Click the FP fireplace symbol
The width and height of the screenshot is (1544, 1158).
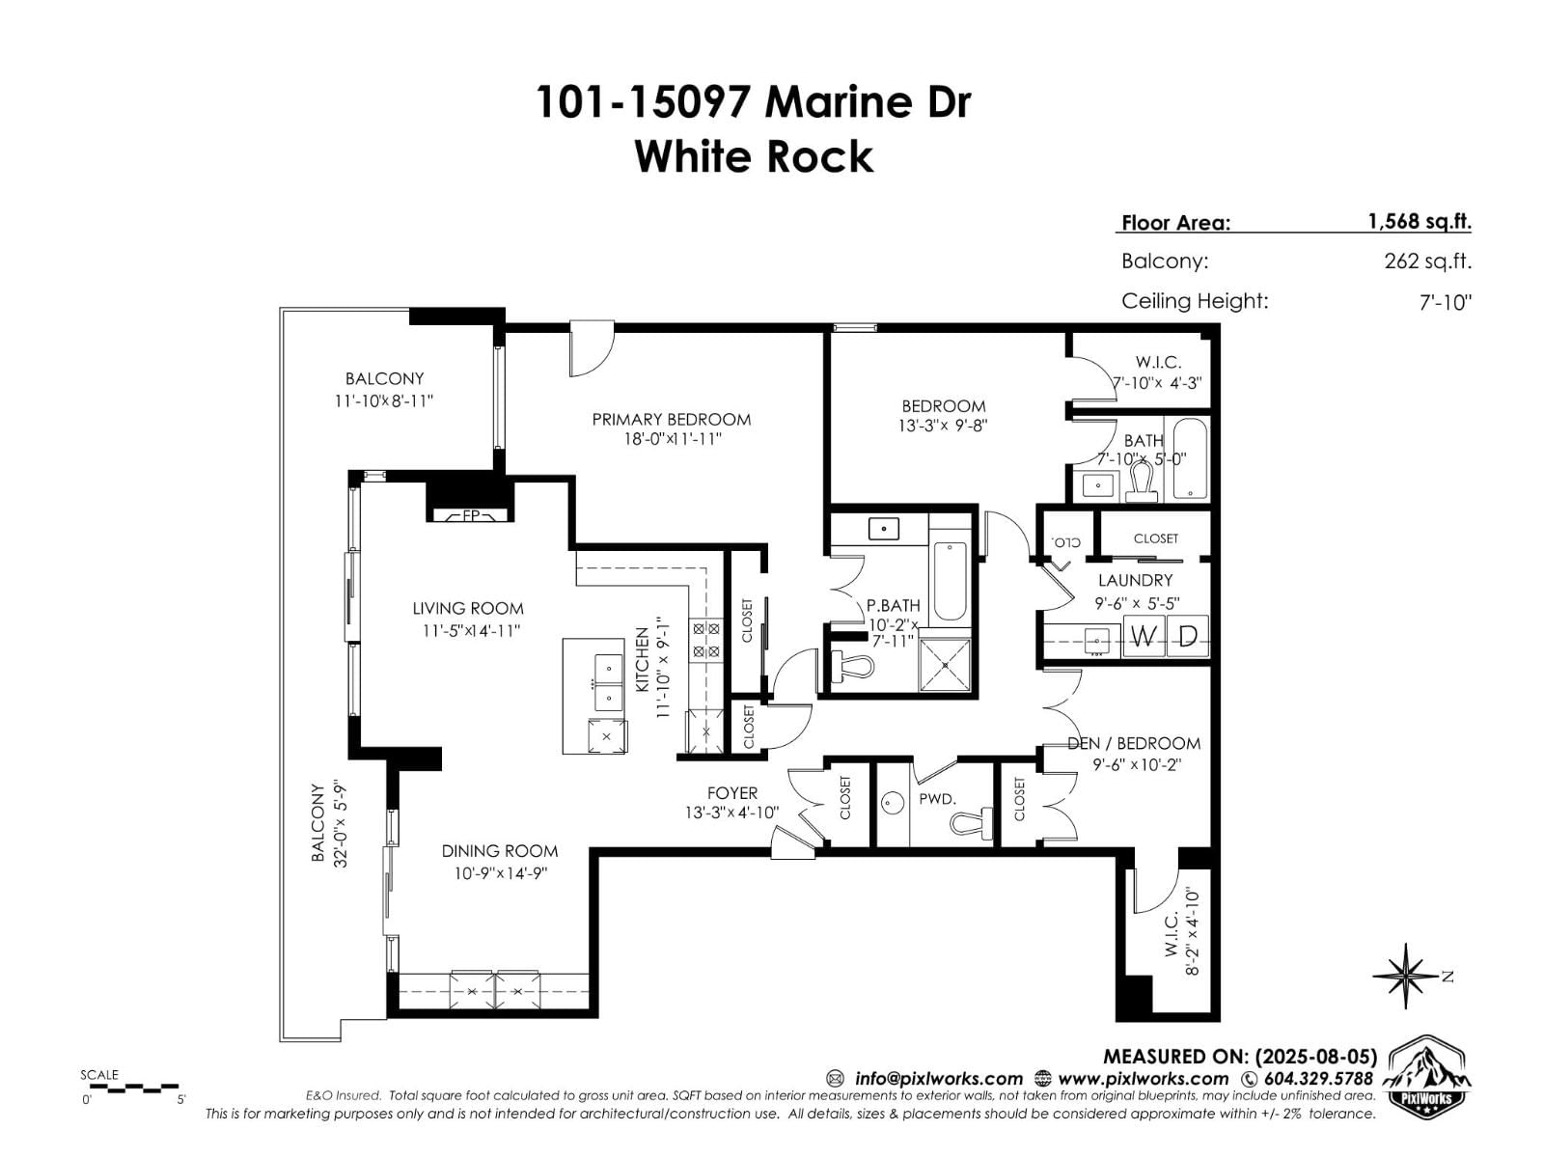point(471,515)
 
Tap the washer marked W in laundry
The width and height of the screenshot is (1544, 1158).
point(1144,637)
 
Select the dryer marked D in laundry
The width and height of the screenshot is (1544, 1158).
point(1188,637)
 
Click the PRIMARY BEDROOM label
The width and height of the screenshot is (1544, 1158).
point(671,419)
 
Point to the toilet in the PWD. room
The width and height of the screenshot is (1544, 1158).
point(970,822)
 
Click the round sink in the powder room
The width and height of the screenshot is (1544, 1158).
point(892,801)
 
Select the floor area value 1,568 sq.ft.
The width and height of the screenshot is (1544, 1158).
point(1419,221)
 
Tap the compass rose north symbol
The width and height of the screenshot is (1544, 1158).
point(1407,977)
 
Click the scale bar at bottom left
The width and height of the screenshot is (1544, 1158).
point(132,1088)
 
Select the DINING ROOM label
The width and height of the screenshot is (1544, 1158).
point(499,850)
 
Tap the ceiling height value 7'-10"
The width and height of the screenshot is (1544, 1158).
point(1445,302)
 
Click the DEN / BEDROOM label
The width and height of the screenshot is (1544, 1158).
point(1134,743)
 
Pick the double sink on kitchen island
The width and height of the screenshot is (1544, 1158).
point(608,681)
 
